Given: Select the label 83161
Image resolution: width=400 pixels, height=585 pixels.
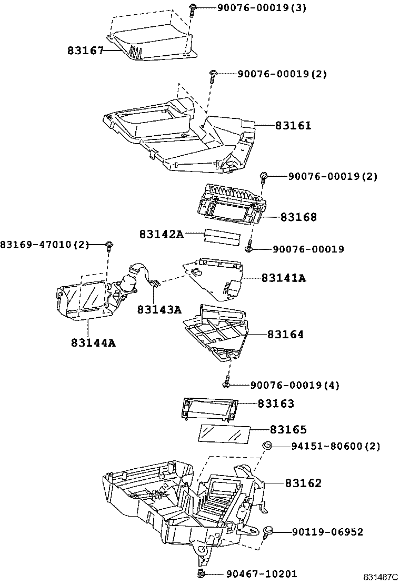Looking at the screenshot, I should click(x=293, y=126).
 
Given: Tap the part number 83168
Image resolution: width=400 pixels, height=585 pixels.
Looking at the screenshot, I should click(x=298, y=217).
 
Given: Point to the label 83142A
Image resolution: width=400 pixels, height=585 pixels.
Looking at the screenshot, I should click(x=162, y=234).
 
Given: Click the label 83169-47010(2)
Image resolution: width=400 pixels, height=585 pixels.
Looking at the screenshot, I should click(x=45, y=245).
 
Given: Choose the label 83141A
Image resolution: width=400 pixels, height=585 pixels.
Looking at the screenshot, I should click(x=283, y=278).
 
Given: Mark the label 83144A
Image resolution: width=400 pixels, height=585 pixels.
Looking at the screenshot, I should click(x=93, y=342).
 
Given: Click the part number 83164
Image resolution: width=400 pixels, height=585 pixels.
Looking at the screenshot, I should click(x=285, y=334).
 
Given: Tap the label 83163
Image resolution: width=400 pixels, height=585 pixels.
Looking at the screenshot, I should click(x=276, y=404).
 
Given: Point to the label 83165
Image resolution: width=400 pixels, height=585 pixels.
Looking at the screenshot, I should click(x=288, y=429).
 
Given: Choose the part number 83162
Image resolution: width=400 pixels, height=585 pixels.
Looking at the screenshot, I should click(x=303, y=483).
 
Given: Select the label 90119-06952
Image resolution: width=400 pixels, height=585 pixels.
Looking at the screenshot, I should click(x=327, y=532).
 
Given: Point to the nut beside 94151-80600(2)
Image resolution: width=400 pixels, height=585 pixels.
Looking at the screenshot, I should click(x=267, y=446).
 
